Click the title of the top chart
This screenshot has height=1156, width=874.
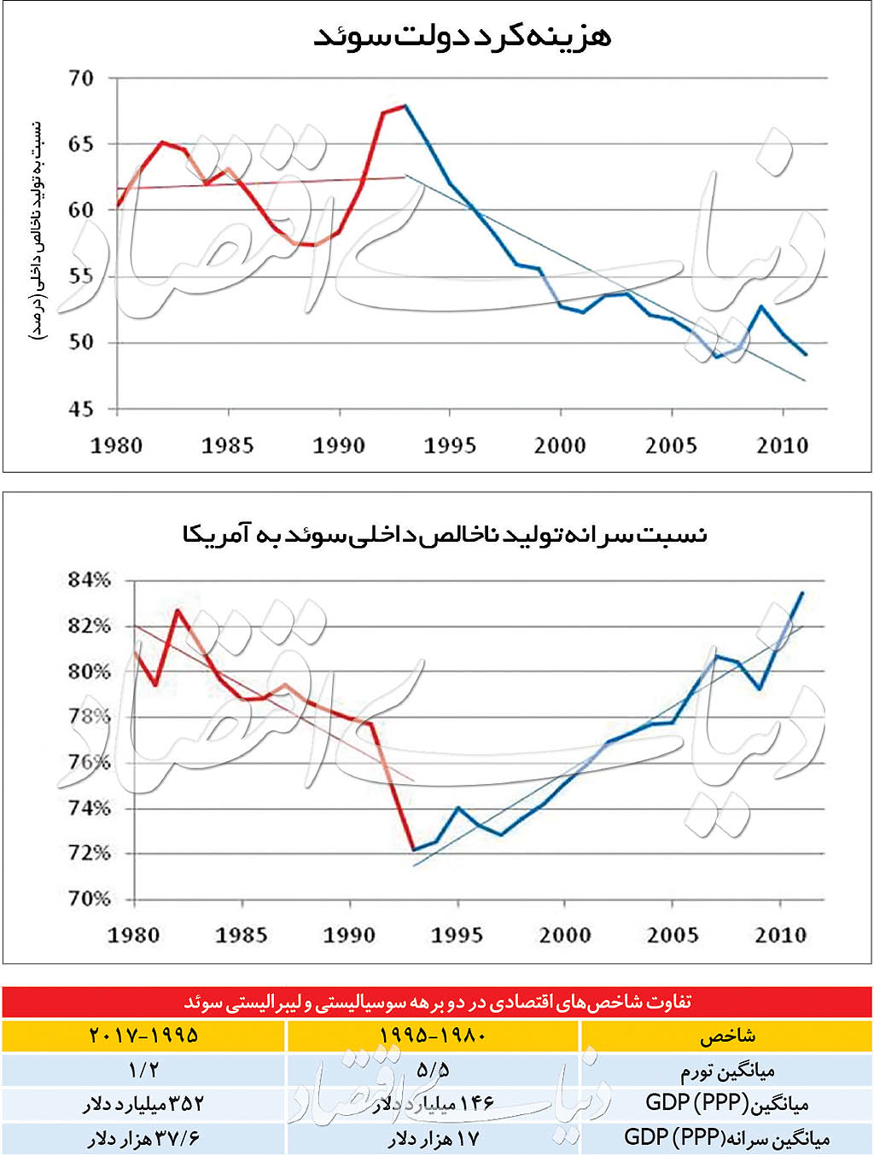coord(462,36)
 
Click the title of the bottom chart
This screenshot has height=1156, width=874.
coord(445,535)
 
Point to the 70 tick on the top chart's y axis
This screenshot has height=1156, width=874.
coord(81,78)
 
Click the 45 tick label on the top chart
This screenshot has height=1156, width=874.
coord(81,410)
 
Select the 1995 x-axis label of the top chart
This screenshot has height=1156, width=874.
coord(450,445)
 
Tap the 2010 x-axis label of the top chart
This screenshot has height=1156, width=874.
coord(783,445)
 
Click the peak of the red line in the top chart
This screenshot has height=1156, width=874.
coord(405,106)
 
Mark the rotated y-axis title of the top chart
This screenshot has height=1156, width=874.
coord(38,230)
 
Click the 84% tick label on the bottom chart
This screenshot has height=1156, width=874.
coord(90,580)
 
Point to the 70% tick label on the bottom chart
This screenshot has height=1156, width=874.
coord(90,898)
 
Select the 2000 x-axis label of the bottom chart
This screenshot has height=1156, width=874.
coord(565,935)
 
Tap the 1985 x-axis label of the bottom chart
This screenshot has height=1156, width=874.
coord(242,935)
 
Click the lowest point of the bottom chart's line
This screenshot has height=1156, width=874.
coord(414,849)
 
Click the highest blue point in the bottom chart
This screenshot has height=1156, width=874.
coord(801,592)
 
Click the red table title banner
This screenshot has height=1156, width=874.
coord(437,1002)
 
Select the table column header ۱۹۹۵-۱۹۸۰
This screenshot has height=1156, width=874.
coord(433,1036)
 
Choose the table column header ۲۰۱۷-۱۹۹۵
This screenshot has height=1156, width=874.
coord(143,1036)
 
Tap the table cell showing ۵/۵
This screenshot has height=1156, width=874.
coord(433,1070)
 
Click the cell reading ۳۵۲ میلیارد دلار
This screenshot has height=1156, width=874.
coord(143,1104)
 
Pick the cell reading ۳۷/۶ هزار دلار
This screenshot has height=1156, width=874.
coord(143,1139)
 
